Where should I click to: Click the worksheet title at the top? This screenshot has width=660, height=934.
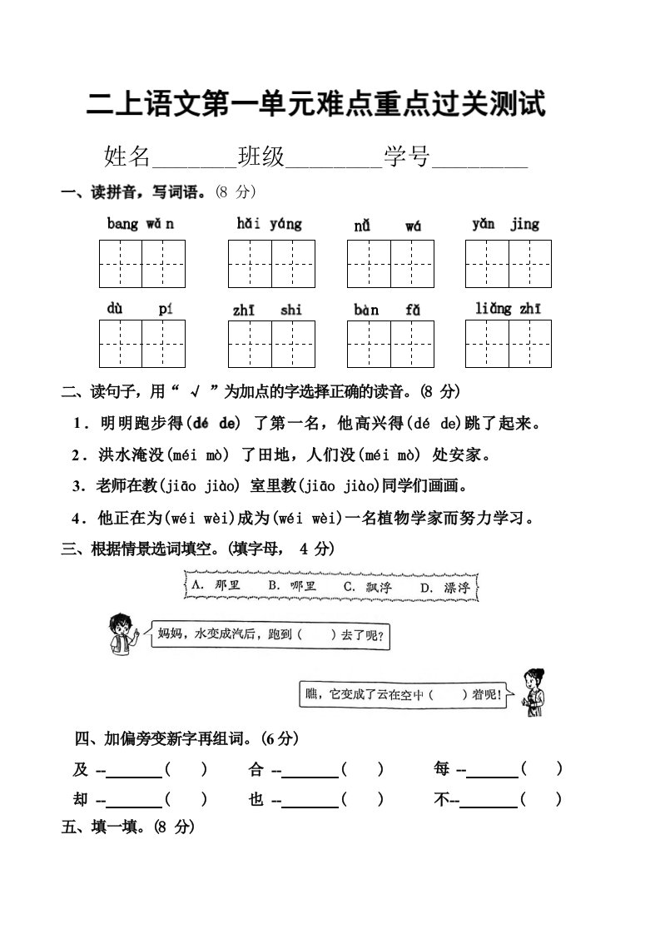coord(316,106)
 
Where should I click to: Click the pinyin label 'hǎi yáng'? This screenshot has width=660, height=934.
coord(269,224)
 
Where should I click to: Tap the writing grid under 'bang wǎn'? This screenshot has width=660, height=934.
coord(141,264)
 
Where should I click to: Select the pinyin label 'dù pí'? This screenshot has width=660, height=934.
coord(140,309)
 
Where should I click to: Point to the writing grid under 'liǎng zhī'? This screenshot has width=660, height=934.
coord(508,343)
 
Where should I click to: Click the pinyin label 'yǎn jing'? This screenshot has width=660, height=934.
coord(505,224)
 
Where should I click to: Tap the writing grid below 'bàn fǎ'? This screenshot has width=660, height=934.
coord(390,343)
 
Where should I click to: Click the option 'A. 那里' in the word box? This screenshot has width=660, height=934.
coord(215,586)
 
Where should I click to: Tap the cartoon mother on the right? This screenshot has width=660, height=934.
coord(530,692)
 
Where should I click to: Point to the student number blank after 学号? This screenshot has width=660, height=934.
coord(480,157)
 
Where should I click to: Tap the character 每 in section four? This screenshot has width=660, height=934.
coord(442,769)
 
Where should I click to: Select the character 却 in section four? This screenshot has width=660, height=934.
coord(81,799)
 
